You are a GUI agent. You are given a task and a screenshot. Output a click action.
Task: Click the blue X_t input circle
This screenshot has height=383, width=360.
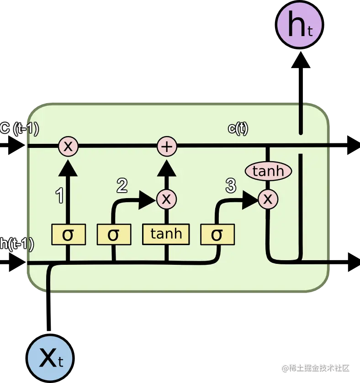[x=50, y=359]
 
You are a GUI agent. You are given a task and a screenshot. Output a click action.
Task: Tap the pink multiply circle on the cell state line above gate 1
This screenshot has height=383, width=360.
[x=68, y=147]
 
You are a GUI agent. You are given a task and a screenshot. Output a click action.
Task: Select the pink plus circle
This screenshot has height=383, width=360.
[x=167, y=147]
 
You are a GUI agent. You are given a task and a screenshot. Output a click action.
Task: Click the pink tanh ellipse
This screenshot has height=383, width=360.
[x=269, y=171]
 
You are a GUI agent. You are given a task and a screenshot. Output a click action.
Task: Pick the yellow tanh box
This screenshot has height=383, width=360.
[x=166, y=234]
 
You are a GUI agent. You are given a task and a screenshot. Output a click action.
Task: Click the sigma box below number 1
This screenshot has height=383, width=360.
[x=68, y=235]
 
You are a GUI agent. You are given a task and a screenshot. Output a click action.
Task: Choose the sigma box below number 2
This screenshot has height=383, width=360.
[x=113, y=235]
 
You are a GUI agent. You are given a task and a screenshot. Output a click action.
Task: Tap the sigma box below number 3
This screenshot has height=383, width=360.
[x=217, y=235]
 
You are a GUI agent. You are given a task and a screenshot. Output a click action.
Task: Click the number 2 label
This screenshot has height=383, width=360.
[x=122, y=185]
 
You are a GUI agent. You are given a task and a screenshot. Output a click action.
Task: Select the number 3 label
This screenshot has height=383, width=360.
[x=231, y=185]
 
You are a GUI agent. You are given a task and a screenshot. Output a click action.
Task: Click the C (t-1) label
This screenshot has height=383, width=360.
[x=19, y=129]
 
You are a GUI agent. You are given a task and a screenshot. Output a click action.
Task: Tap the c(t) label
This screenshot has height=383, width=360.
[x=238, y=129]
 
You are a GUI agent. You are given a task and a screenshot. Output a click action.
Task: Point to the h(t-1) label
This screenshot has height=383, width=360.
[x=17, y=245]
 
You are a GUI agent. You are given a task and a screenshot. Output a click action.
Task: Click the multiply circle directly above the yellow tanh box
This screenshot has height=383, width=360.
[x=167, y=199]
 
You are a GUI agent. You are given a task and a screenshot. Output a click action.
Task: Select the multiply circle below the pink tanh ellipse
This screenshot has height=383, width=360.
[x=268, y=199]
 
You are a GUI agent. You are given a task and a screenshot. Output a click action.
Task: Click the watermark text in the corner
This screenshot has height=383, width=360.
[x=315, y=367]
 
